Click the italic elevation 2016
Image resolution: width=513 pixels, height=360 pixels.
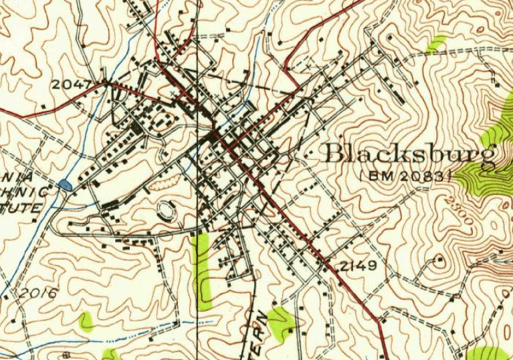click(38, 292)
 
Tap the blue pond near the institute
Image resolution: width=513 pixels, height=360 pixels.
click(66, 184)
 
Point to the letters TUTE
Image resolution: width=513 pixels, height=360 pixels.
click(25, 208)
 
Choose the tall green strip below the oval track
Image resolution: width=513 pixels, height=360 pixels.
click(201, 268)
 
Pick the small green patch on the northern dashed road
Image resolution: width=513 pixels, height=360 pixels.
click(437, 44)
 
